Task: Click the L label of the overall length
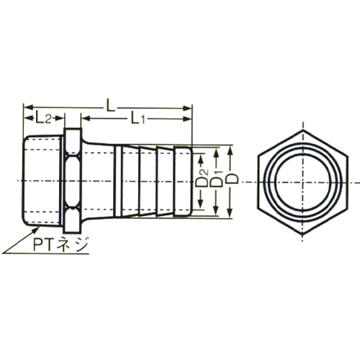pos(110,104)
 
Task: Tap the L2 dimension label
pos(41,117)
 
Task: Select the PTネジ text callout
pos(60,246)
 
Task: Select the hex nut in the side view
pos(72,180)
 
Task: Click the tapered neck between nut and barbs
pos(97,180)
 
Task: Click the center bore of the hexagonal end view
pos(297,182)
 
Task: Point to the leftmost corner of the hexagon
pos(252,182)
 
